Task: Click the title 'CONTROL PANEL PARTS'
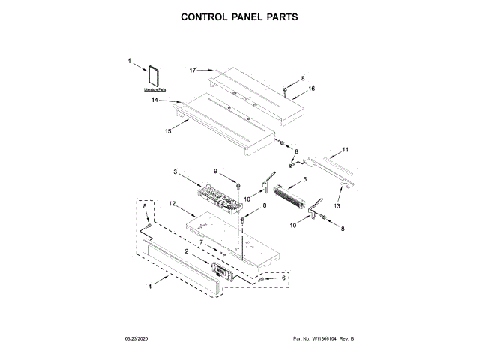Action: (240, 16)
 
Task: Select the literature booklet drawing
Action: (155, 76)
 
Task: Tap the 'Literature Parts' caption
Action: (154, 89)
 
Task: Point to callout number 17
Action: (192, 70)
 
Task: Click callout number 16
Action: (312, 88)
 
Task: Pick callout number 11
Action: (345, 150)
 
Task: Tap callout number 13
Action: (337, 205)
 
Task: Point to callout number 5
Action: (304, 180)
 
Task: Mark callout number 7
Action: (201, 241)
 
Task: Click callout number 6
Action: (283, 277)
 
